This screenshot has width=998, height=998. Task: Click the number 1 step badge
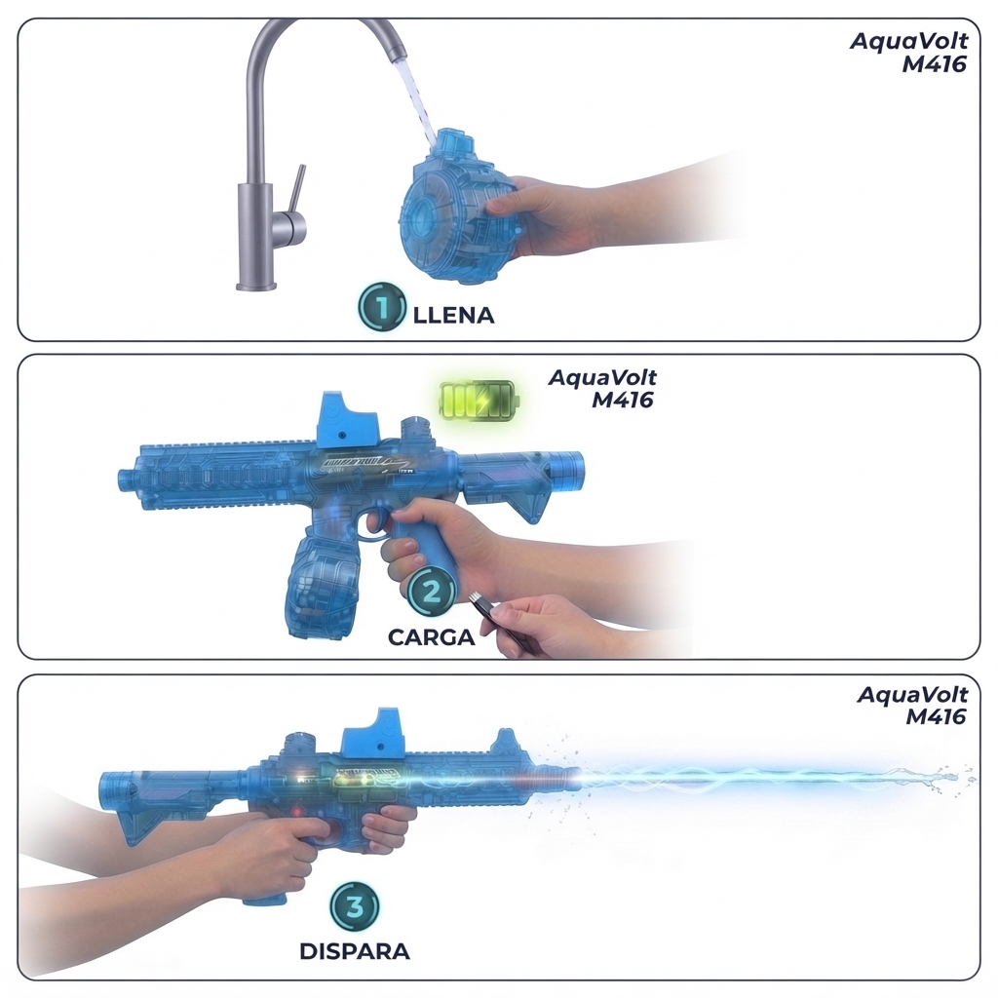(381, 307)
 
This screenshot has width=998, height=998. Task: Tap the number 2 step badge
(432, 592)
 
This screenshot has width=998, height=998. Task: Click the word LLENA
(453, 315)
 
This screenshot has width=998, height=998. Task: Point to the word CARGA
(432, 637)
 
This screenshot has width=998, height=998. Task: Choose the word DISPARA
(355, 951)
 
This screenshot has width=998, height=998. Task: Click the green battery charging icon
(480, 401)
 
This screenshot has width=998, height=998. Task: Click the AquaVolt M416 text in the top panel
(908, 53)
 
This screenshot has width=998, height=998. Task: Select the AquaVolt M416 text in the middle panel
(602, 388)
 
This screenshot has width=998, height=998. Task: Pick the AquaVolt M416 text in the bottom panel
(912, 706)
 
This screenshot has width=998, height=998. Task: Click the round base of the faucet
(256, 287)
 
